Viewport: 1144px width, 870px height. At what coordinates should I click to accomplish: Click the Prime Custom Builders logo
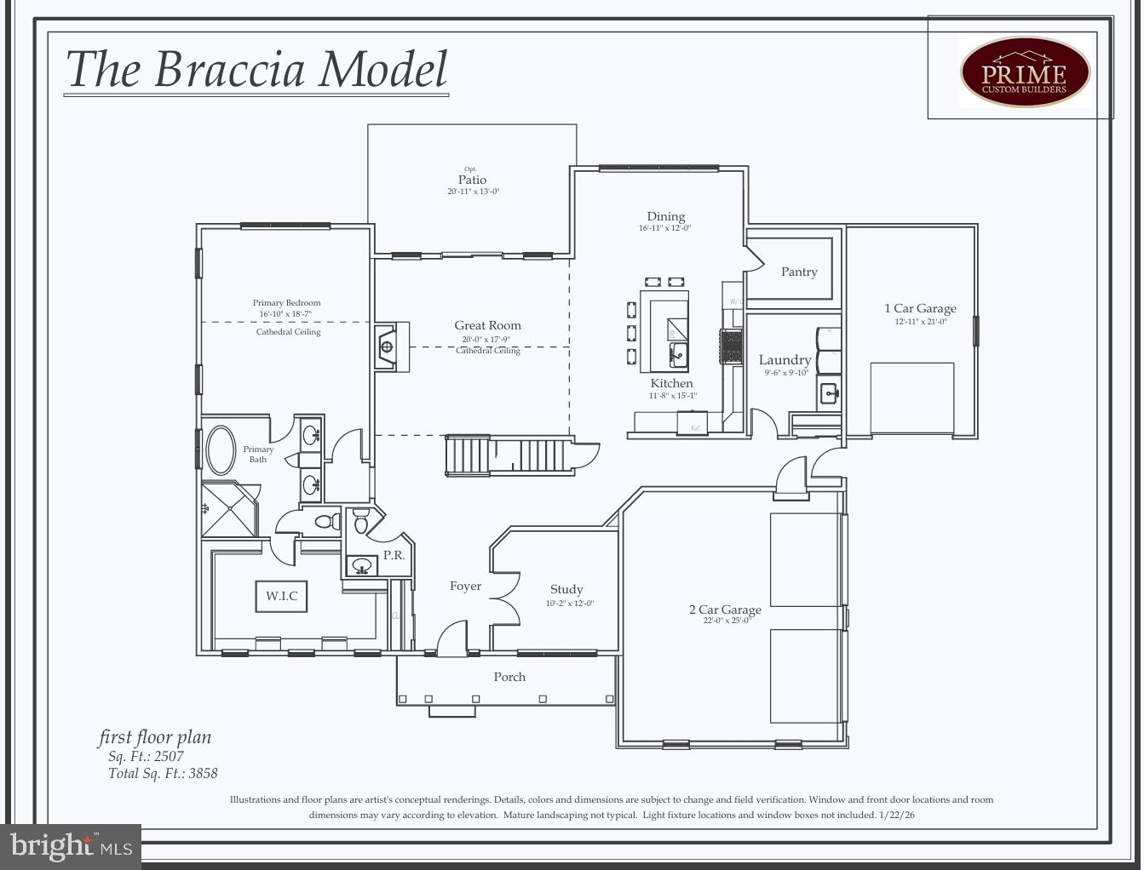[x=1025, y=72]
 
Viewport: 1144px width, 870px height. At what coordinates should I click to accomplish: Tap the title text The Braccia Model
[x=256, y=70]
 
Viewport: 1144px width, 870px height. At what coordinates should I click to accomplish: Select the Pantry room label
[x=799, y=272]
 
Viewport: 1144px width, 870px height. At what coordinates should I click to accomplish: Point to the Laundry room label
[x=785, y=360]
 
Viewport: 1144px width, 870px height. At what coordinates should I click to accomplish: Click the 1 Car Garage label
[x=920, y=308]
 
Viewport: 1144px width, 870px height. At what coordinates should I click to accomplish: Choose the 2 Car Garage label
[x=725, y=610]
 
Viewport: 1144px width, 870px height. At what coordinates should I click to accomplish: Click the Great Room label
[x=487, y=325]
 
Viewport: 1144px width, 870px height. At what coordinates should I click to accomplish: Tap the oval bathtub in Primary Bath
[x=221, y=449]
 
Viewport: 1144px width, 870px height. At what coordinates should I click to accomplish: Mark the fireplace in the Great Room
[x=388, y=346]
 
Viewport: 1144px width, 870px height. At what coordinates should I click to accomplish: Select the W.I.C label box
[x=281, y=596]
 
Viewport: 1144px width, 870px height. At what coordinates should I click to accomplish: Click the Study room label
[x=566, y=589]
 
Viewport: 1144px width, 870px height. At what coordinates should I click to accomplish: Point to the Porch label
[x=509, y=677]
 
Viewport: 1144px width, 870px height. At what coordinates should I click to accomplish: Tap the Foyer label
[x=465, y=586]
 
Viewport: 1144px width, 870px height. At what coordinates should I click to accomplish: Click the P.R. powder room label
[x=394, y=555]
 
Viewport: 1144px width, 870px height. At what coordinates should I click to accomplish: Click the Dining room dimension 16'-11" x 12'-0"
[x=665, y=228]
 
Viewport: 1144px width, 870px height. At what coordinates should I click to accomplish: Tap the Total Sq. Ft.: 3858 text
[x=163, y=773]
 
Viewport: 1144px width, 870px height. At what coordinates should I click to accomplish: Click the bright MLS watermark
[x=72, y=846]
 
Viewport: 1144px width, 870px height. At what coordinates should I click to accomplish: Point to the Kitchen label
[x=671, y=383]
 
